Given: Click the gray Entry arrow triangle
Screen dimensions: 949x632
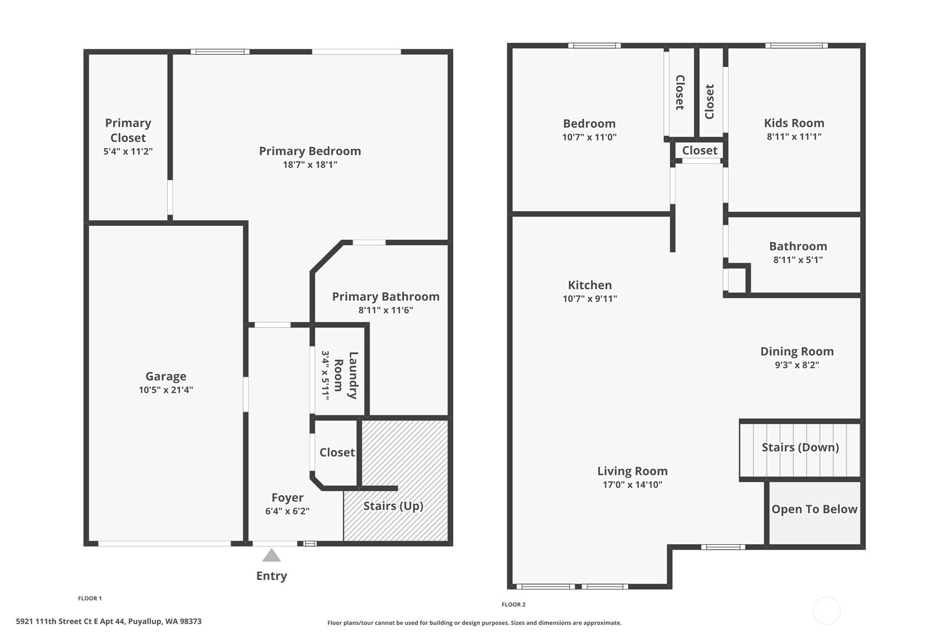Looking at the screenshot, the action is tap(271, 555).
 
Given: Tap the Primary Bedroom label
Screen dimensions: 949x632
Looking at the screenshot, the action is tap(310, 151).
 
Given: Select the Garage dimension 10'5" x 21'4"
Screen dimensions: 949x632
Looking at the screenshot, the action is tap(166, 390).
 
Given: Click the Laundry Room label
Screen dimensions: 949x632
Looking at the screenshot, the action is tap(346, 376).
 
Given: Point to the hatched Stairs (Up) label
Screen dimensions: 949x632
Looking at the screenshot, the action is tap(393, 506).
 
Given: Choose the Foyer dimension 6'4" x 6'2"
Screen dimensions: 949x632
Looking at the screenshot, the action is tap(287, 511).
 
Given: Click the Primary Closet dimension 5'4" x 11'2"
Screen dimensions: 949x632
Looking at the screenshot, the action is tap(128, 151).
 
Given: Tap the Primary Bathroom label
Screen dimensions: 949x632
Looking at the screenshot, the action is tap(385, 297).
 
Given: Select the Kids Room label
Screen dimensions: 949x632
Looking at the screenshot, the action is tap(794, 123).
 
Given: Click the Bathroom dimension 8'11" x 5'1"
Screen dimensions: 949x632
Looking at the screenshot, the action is tap(798, 260).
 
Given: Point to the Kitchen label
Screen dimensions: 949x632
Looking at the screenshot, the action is tap(590, 286).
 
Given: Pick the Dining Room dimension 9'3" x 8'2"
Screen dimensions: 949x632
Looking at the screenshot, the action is tap(797, 365).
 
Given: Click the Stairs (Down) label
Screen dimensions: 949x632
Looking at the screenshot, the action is tap(800, 448).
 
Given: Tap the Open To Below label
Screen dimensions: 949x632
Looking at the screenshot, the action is tap(814, 509).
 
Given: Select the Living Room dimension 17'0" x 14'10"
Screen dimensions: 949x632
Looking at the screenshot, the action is tap(632, 484).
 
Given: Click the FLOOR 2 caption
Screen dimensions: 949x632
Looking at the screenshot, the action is tap(513, 605).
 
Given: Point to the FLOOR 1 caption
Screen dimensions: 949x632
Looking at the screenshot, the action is tap(90, 598).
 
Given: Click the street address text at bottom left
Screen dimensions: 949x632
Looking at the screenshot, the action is tap(109, 621).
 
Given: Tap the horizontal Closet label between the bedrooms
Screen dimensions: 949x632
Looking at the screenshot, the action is tap(700, 150).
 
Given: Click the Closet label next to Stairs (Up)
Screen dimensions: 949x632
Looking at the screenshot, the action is tap(337, 453).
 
